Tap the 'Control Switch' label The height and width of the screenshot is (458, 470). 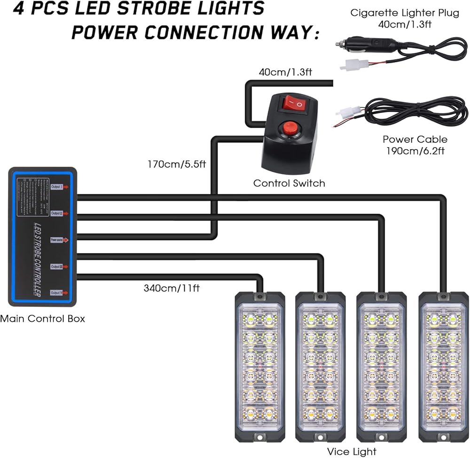point(289,183)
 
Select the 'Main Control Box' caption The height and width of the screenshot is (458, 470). point(42,319)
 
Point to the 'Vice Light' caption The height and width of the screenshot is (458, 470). point(352,451)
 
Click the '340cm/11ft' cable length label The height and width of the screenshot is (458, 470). point(172,288)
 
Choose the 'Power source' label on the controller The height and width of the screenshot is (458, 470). point(59,240)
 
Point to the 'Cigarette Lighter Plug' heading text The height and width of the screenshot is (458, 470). point(405,13)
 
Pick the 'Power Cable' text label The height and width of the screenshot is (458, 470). point(415,139)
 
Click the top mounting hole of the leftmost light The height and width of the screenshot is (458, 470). point(258,298)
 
